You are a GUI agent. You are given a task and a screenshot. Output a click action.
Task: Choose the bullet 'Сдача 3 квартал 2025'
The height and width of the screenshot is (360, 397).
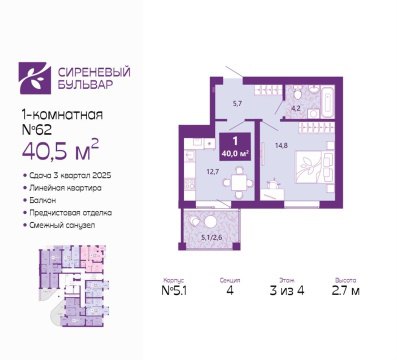[x=65, y=174]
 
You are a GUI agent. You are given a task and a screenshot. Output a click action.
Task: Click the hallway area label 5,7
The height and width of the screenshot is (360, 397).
[x=237, y=102]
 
